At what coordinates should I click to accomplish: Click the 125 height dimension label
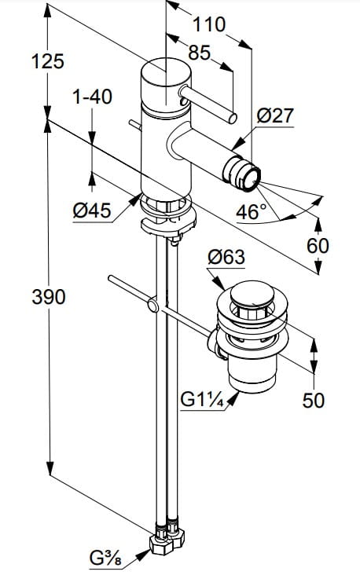coord(48,61)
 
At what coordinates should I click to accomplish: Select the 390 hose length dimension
coord(49,297)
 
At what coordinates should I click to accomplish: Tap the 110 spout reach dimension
coord(209,24)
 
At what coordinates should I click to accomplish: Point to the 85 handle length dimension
coord(200,53)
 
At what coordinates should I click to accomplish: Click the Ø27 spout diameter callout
coord(275,116)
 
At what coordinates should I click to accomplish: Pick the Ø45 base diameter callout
coord(92,211)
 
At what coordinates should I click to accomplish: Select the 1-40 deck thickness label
coord(92,97)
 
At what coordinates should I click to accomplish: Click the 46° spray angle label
coord(252,212)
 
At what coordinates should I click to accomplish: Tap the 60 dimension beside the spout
coord(318,246)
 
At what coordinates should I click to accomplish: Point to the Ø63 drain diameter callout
coord(226,257)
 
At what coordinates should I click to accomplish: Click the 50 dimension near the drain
coord(314,401)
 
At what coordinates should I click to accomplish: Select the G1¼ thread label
coord(202,400)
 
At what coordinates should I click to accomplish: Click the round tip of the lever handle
coord(233,119)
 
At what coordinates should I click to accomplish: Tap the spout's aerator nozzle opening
coord(253,178)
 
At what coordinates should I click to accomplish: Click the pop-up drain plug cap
coord(252,294)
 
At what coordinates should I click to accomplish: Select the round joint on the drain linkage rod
coord(152,306)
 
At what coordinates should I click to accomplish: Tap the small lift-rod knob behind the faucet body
coord(134,125)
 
